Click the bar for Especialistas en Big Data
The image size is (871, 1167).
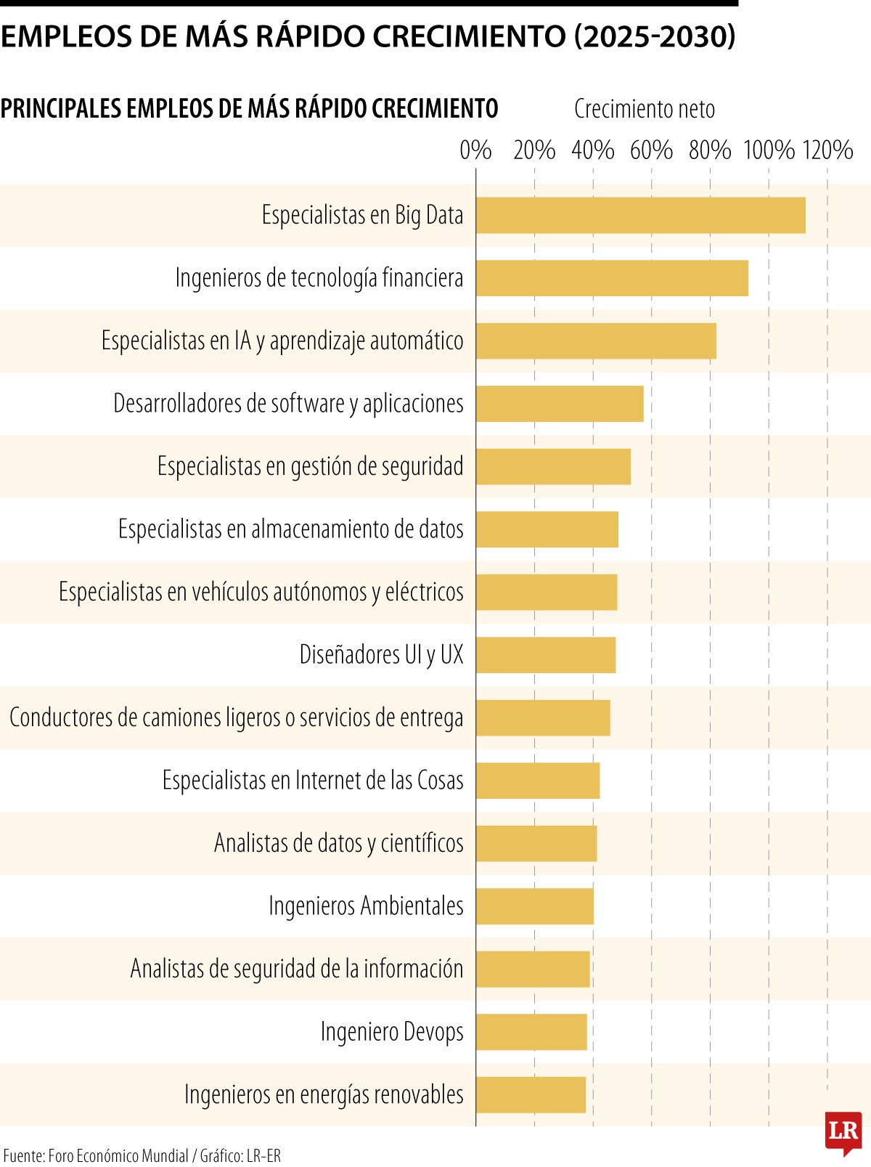pyautogui.click(x=640, y=215)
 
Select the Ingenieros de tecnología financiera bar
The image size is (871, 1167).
pyautogui.click(x=612, y=278)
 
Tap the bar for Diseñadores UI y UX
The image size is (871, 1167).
pyautogui.click(x=546, y=655)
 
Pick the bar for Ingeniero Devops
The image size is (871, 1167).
pyautogui.click(x=531, y=1032)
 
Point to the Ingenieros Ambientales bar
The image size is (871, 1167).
pyautogui.click(x=535, y=906)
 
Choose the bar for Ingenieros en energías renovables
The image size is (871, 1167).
pyautogui.click(x=531, y=1094)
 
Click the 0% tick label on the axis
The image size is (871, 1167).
pyautogui.click(x=475, y=150)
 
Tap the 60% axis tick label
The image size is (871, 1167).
pyautogui.click(x=651, y=150)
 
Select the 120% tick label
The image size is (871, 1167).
pyautogui.click(x=827, y=150)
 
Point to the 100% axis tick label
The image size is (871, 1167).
pyautogui.click(x=769, y=150)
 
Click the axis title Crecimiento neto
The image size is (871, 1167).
pyautogui.click(x=645, y=109)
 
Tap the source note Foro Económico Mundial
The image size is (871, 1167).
pyautogui.click(x=118, y=1155)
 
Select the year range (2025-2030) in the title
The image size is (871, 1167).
pyautogui.click(x=655, y=36)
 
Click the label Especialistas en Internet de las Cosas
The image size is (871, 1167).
pyautogui.click(x=313, y=781)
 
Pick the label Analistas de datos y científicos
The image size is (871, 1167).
pyautogui.click(x=339, y=843)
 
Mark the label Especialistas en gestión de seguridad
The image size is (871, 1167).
pyautogui.click(x=311, y=466)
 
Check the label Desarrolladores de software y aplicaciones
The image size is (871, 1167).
pyautogui.click(x=288, y=404)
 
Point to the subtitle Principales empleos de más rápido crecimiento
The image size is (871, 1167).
pyautogui.click(x=249, y=109)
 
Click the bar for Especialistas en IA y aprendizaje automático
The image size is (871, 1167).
pyautogui.click(x=596, y=341)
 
